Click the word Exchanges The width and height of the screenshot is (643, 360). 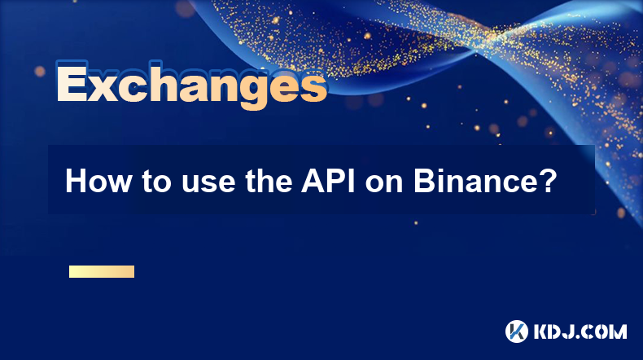[191, 85]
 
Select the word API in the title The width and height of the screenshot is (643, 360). [329, 181]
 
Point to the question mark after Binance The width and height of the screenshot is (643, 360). [545, 181]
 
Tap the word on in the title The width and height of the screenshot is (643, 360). [384, 184]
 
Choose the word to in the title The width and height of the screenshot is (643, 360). [156, 182]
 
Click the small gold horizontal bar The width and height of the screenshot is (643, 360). [102, 271]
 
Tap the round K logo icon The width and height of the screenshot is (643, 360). [517, 331]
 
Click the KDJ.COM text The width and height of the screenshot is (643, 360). [580, 331]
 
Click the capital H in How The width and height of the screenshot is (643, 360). [76, 181]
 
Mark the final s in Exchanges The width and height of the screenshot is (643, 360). [313, 87]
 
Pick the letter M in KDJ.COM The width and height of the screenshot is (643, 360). [618, 331]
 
